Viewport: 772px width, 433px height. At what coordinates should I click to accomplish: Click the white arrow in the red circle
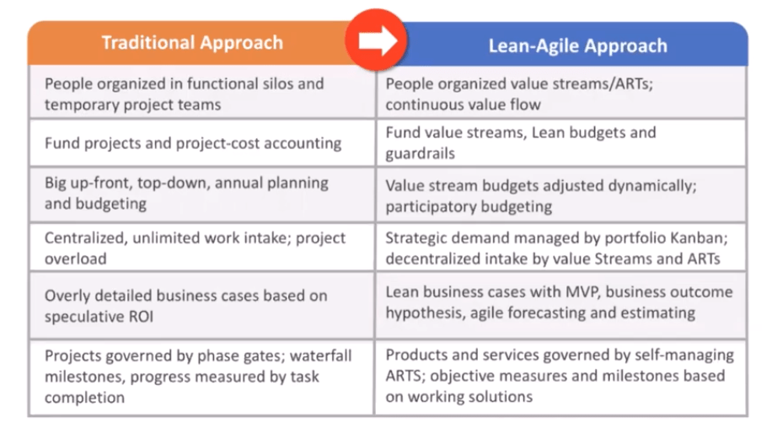(378, 40)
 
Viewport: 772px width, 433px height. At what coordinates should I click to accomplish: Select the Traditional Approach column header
(192, 43)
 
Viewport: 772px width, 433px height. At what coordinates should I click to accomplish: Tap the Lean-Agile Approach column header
(577, 45)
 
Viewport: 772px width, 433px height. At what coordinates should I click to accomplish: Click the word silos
(276, 83)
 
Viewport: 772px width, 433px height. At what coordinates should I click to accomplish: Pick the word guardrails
(420, 153)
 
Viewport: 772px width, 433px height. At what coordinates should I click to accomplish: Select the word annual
(239, 183)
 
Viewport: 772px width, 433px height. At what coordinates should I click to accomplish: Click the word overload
(75, 259)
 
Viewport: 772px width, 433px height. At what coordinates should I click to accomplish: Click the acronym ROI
(142, 317)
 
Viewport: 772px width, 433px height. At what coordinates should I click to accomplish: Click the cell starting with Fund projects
(202, 143)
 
